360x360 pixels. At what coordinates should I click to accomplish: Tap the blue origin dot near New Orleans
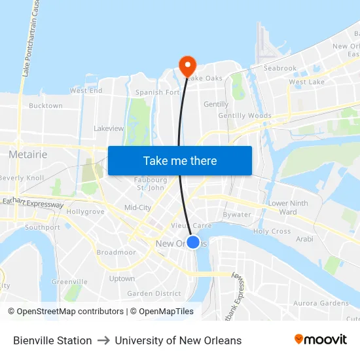(193, 242)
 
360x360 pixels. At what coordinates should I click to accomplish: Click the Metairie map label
(27, 154)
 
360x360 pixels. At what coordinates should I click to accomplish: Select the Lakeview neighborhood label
(109, 128)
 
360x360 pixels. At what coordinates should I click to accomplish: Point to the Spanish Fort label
(157, 92)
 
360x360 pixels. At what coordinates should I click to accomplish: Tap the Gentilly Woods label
(245, 116)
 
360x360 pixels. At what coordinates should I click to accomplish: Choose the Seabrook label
(280, 68)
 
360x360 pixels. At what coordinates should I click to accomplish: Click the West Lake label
(306, 82)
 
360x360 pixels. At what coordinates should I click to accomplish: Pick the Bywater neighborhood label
(237, 215)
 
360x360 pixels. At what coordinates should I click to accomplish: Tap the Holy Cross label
(272, 232)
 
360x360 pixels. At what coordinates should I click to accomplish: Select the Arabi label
(304, 239)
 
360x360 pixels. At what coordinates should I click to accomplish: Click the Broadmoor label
(116, 252)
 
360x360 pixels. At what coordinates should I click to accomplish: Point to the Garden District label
(154, 294)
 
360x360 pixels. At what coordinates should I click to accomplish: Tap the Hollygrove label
(85, 212)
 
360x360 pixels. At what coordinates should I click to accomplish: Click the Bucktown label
(46, 105)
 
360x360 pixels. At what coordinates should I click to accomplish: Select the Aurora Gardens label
(321, 303)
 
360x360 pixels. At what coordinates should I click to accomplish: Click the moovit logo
(320, 340)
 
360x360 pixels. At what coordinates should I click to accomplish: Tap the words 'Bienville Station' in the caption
(52, 340)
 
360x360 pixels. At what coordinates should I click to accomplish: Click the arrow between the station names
(103, 340)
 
